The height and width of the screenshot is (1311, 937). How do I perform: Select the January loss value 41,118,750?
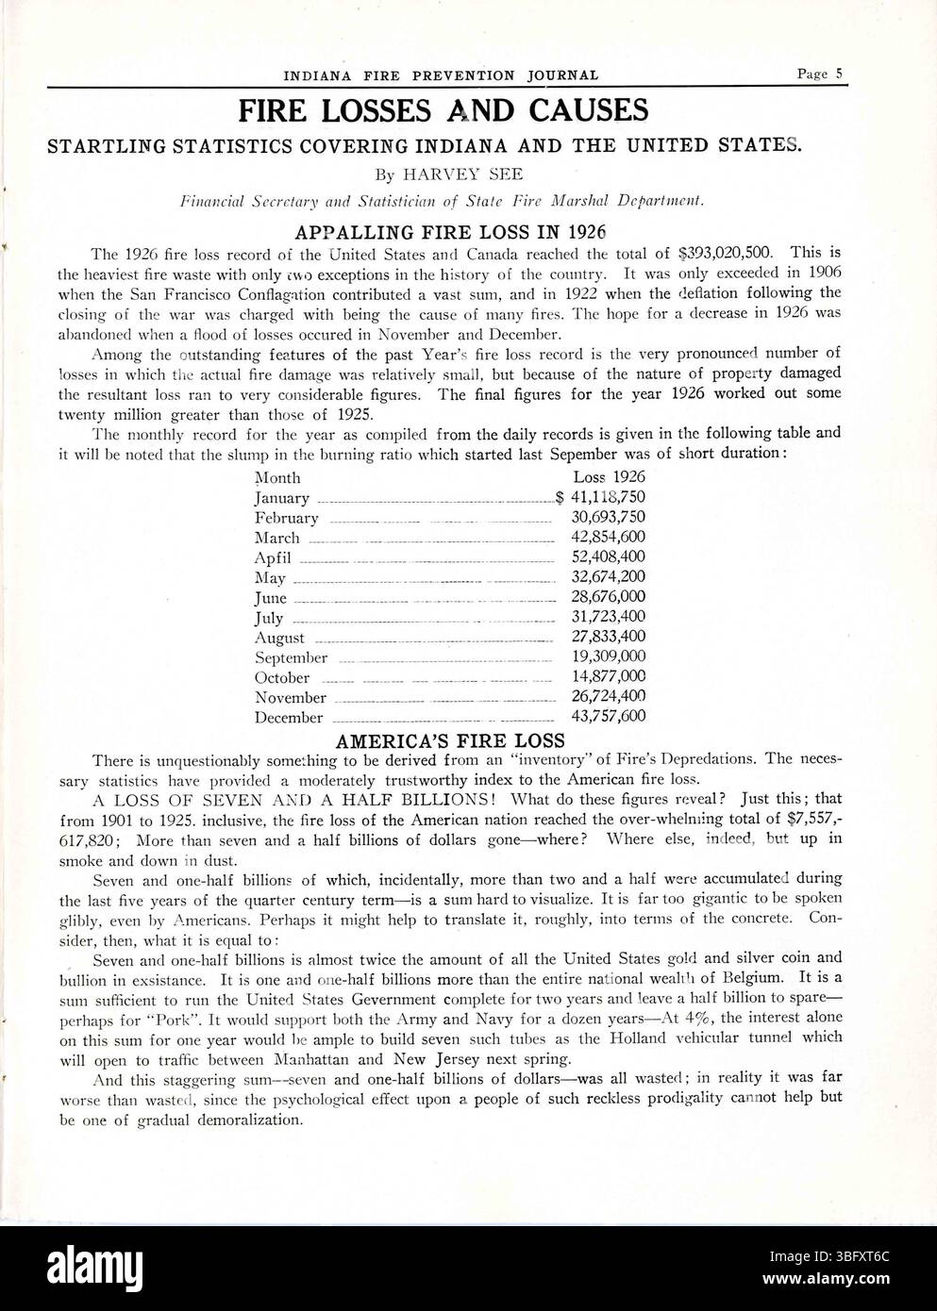coord(608,497)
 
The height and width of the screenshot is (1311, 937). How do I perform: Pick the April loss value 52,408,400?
coord(608,556)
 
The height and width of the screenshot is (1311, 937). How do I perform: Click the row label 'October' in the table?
coord(281,677)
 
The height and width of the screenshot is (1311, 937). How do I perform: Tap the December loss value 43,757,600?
coord(608,716)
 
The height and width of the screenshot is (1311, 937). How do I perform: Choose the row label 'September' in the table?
coord(291,657)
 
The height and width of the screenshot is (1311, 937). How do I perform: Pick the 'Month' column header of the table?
coord(277,478)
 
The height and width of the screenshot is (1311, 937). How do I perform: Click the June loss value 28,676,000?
coord(608,597)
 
